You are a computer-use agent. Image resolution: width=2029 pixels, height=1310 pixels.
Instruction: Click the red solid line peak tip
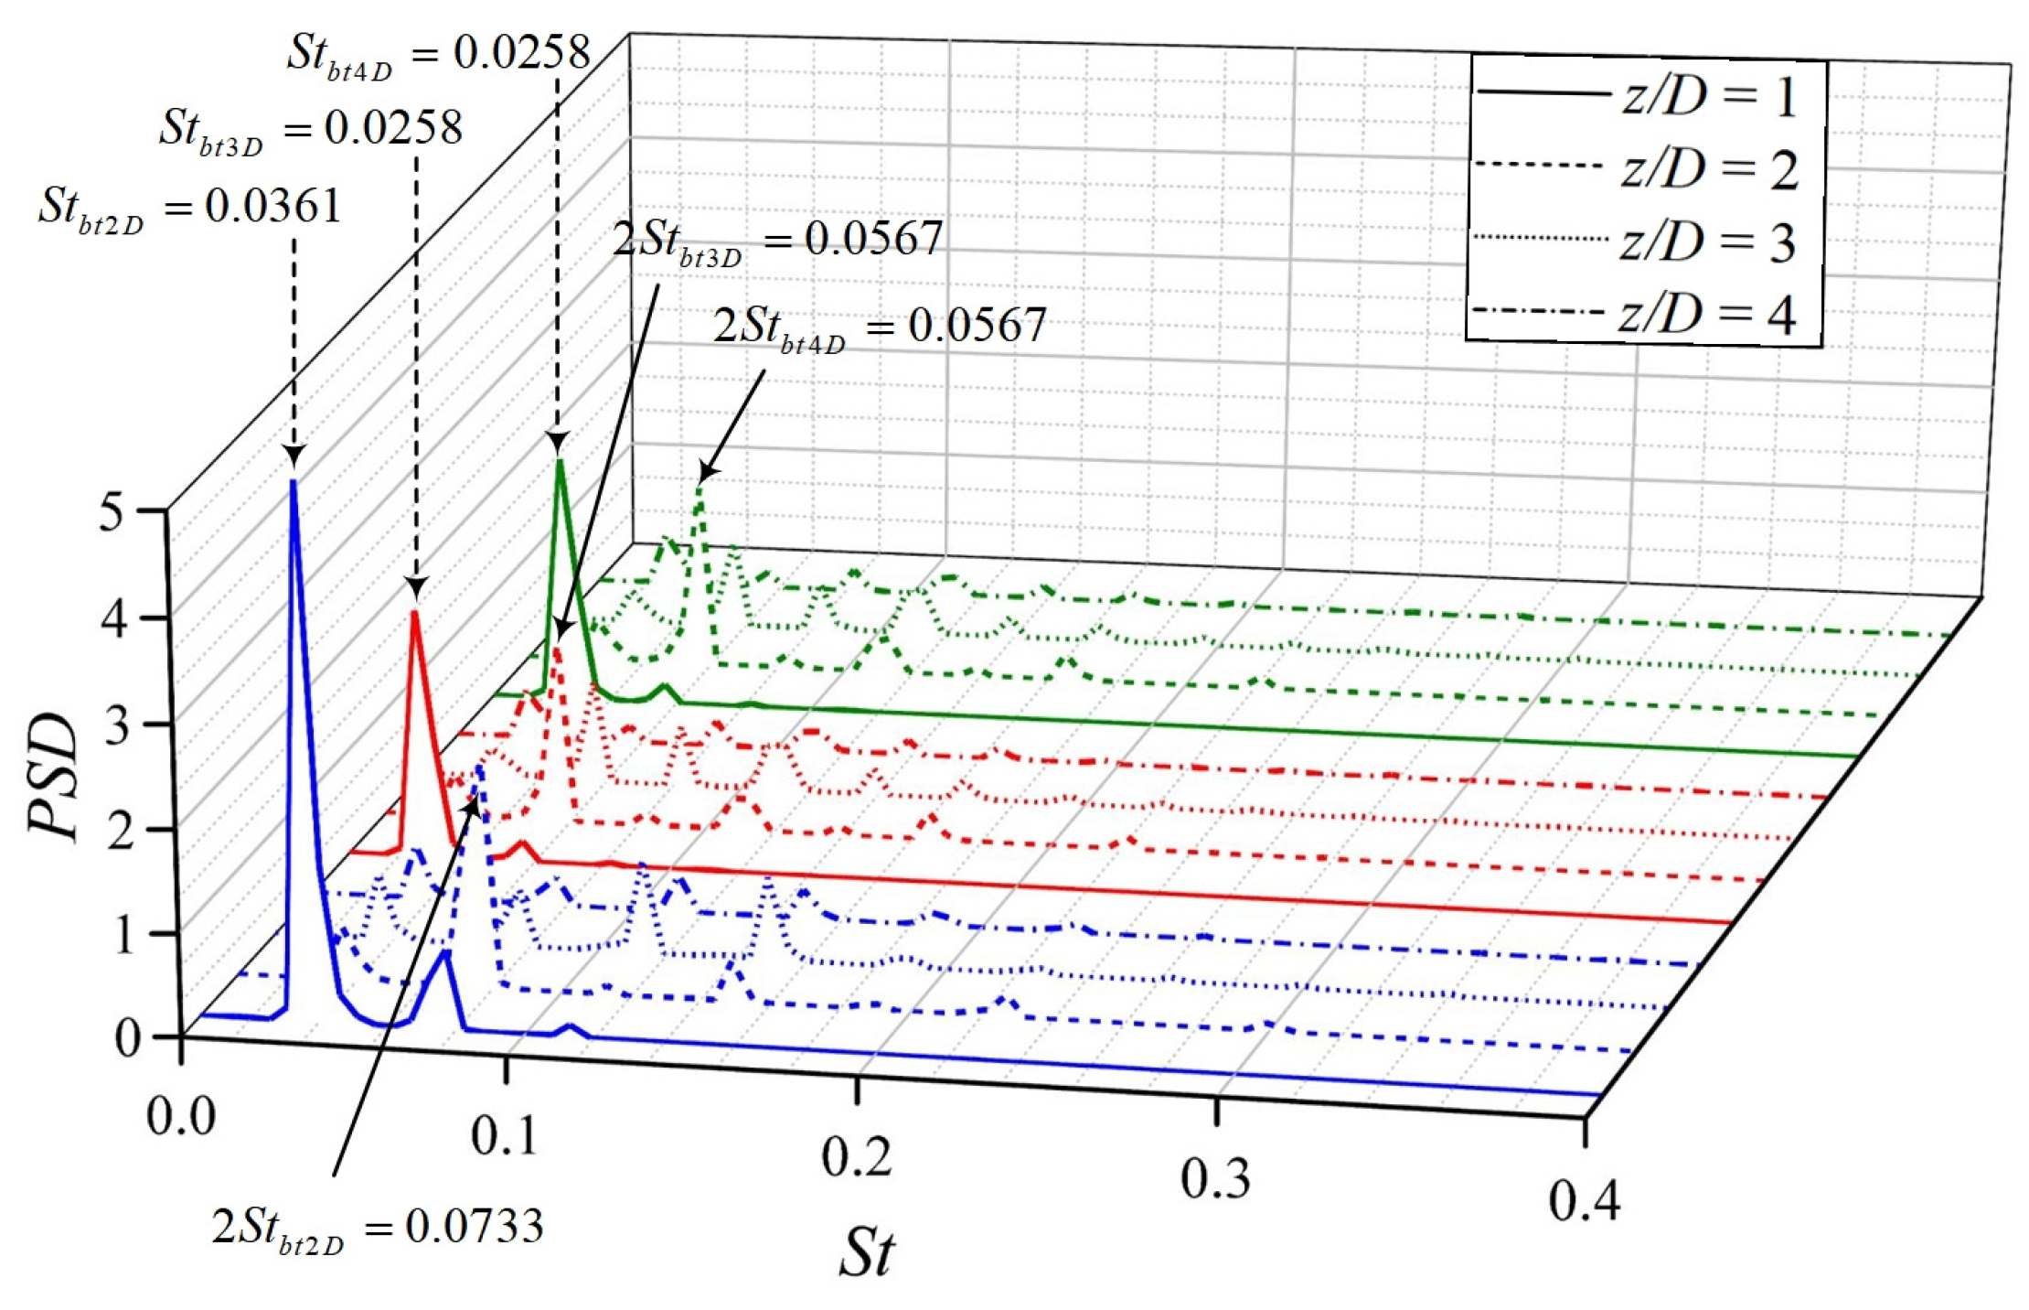415,612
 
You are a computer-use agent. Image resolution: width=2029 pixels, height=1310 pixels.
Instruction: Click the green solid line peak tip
558,459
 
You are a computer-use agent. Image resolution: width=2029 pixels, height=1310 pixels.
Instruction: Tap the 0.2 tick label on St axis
856,1156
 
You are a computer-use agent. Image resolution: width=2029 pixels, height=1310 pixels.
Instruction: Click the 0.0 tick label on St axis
181,1116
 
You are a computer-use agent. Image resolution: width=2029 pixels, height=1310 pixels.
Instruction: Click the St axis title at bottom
865,1251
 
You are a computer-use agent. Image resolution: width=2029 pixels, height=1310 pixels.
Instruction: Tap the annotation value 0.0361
272,205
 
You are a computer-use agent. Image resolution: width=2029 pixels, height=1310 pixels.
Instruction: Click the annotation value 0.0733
474,1226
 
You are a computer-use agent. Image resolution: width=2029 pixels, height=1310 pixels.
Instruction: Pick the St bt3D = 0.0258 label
311,128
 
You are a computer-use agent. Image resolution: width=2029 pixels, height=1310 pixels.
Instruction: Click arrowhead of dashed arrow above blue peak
294,457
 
